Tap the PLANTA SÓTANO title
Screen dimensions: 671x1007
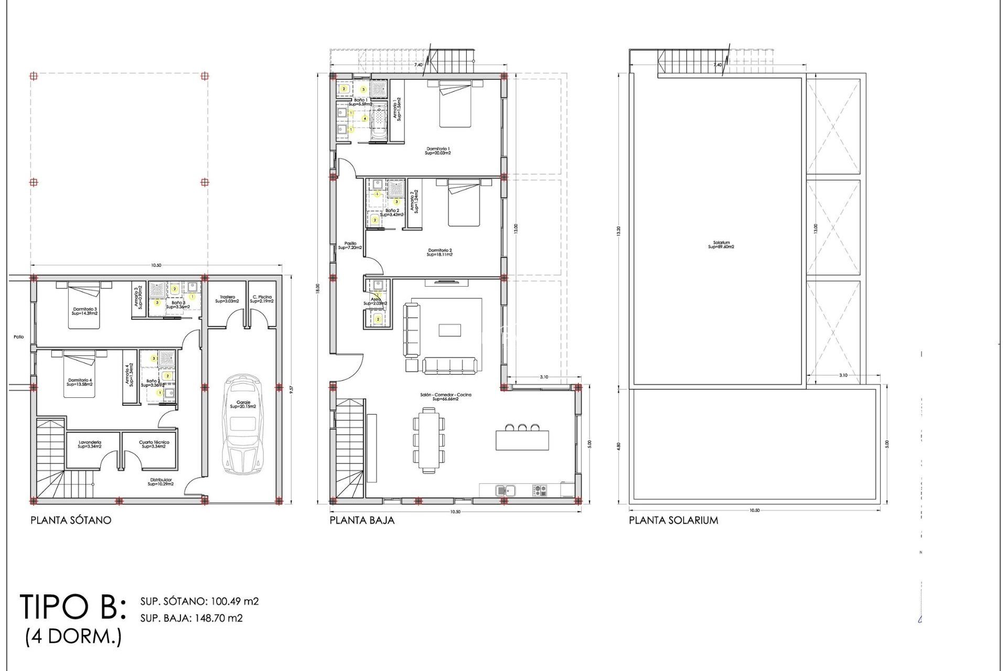click(71, 521)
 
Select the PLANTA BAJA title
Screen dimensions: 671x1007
click(362, 521)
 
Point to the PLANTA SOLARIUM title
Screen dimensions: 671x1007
click(673, 521)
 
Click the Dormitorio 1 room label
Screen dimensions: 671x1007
click(438, 151)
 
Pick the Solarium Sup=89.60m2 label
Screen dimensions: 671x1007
click(721, 245)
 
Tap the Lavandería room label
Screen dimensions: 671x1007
click(90, 444)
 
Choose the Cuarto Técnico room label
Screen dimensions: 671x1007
click(154, 444)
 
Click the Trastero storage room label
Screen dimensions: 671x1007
click(227, 299)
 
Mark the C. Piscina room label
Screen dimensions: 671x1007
click(262, 299)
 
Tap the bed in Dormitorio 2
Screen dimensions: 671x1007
click(464, 203)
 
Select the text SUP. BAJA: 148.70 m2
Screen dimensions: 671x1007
click(191, 618)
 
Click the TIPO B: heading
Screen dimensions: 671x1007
click(73, 607)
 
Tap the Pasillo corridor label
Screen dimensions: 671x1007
click(350, 245)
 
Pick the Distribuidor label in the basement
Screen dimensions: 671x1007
click(160, 482)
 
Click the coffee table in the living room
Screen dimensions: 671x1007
click(449, 330)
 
